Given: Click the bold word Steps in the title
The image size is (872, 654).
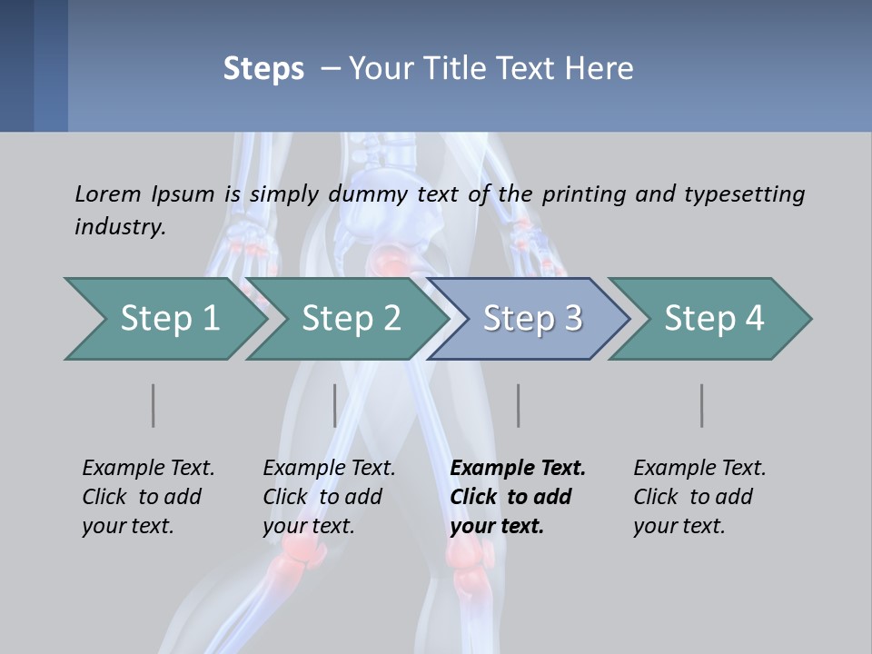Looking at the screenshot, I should point(263,69).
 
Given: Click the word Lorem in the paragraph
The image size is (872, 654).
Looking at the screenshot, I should point(107,193).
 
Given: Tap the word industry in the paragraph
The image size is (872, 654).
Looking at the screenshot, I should point(119,226).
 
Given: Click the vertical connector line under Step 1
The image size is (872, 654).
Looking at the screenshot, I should point(153,405).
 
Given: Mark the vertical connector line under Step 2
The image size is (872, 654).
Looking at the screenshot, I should point(335,405).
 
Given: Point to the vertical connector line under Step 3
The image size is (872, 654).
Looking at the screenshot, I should point(518,405).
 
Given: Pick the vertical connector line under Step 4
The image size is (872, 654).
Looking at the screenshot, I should point(701,405).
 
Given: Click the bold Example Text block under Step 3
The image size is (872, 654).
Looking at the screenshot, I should point(518,497).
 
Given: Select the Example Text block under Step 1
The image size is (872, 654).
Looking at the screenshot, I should point(148,497).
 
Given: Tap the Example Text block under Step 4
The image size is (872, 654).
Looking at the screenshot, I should point(699,497).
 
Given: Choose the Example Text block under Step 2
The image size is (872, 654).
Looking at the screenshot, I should point(329,497).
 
